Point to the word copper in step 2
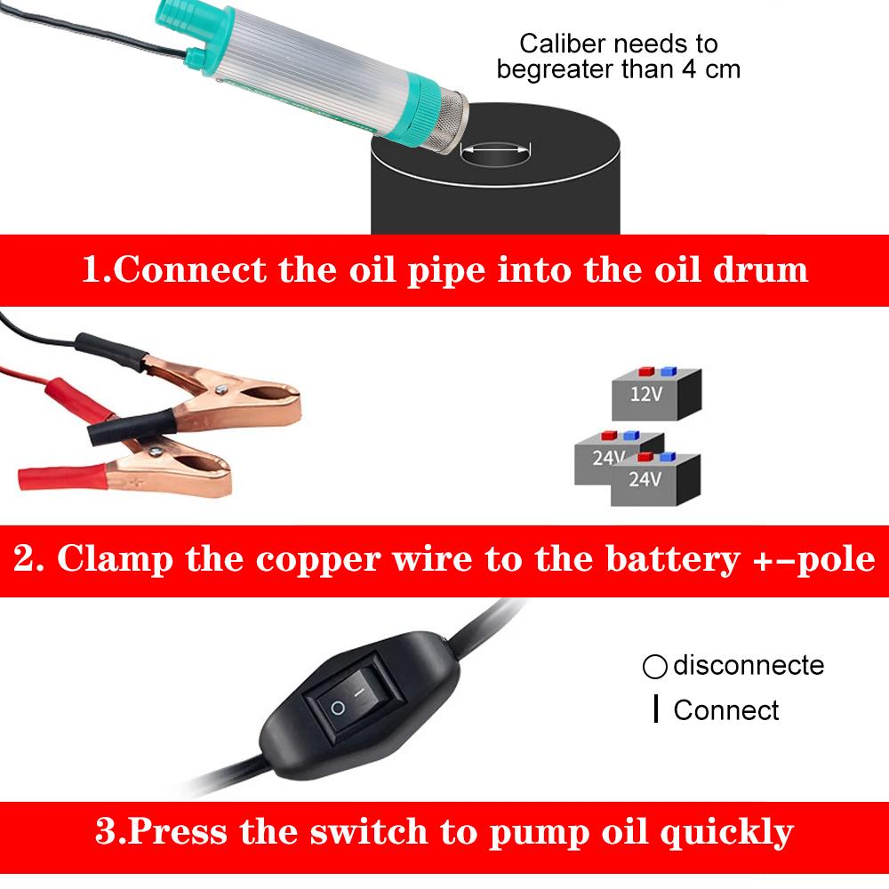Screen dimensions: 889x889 tap(324, 560)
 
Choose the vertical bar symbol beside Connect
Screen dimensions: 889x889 tap(655, 710)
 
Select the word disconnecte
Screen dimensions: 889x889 tap(749, 665)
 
